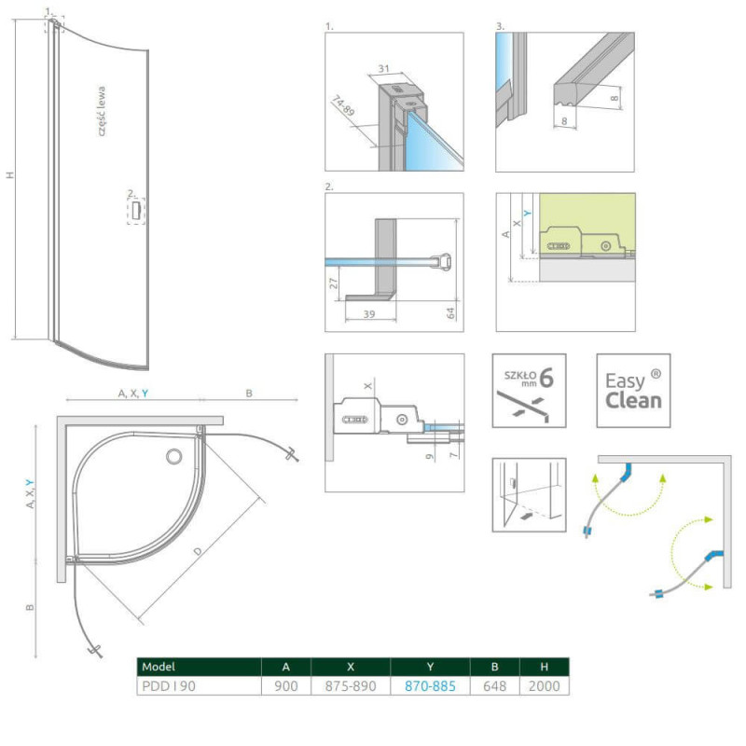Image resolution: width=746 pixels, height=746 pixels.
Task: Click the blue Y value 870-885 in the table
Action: [x=430, y=686]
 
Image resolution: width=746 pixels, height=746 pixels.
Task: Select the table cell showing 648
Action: [x=495, y=686]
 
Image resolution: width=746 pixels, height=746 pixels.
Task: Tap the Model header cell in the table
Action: [x=199, y=667]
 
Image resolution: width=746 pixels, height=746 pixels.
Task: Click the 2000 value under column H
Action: [x=545, y=686]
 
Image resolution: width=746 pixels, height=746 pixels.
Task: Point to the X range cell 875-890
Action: [x=351, y=686]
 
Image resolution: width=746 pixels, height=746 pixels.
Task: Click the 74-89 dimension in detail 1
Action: [x=343, y=105]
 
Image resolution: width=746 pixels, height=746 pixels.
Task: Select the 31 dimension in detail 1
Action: [x=384, y=69]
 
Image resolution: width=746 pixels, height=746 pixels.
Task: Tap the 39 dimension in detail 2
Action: [x=369, y=314]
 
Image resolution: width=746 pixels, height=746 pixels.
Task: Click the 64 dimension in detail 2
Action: [x=450, y=313]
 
